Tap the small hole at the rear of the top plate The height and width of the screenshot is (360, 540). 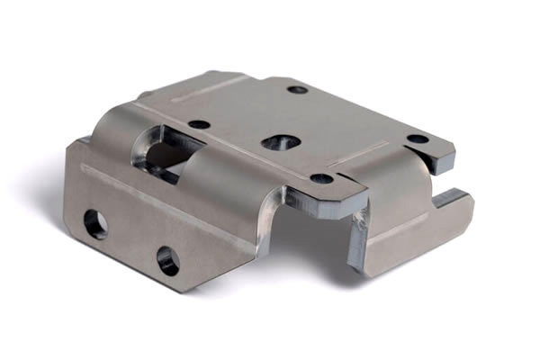(297, 89)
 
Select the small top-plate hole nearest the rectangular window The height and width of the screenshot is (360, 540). (200, 124)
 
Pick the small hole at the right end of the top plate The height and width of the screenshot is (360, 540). (418, 139)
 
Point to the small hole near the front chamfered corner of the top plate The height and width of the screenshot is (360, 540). (321, 178)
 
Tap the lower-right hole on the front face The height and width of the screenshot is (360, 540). (167, 261)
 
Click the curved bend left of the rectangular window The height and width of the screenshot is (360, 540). (112, 130)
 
